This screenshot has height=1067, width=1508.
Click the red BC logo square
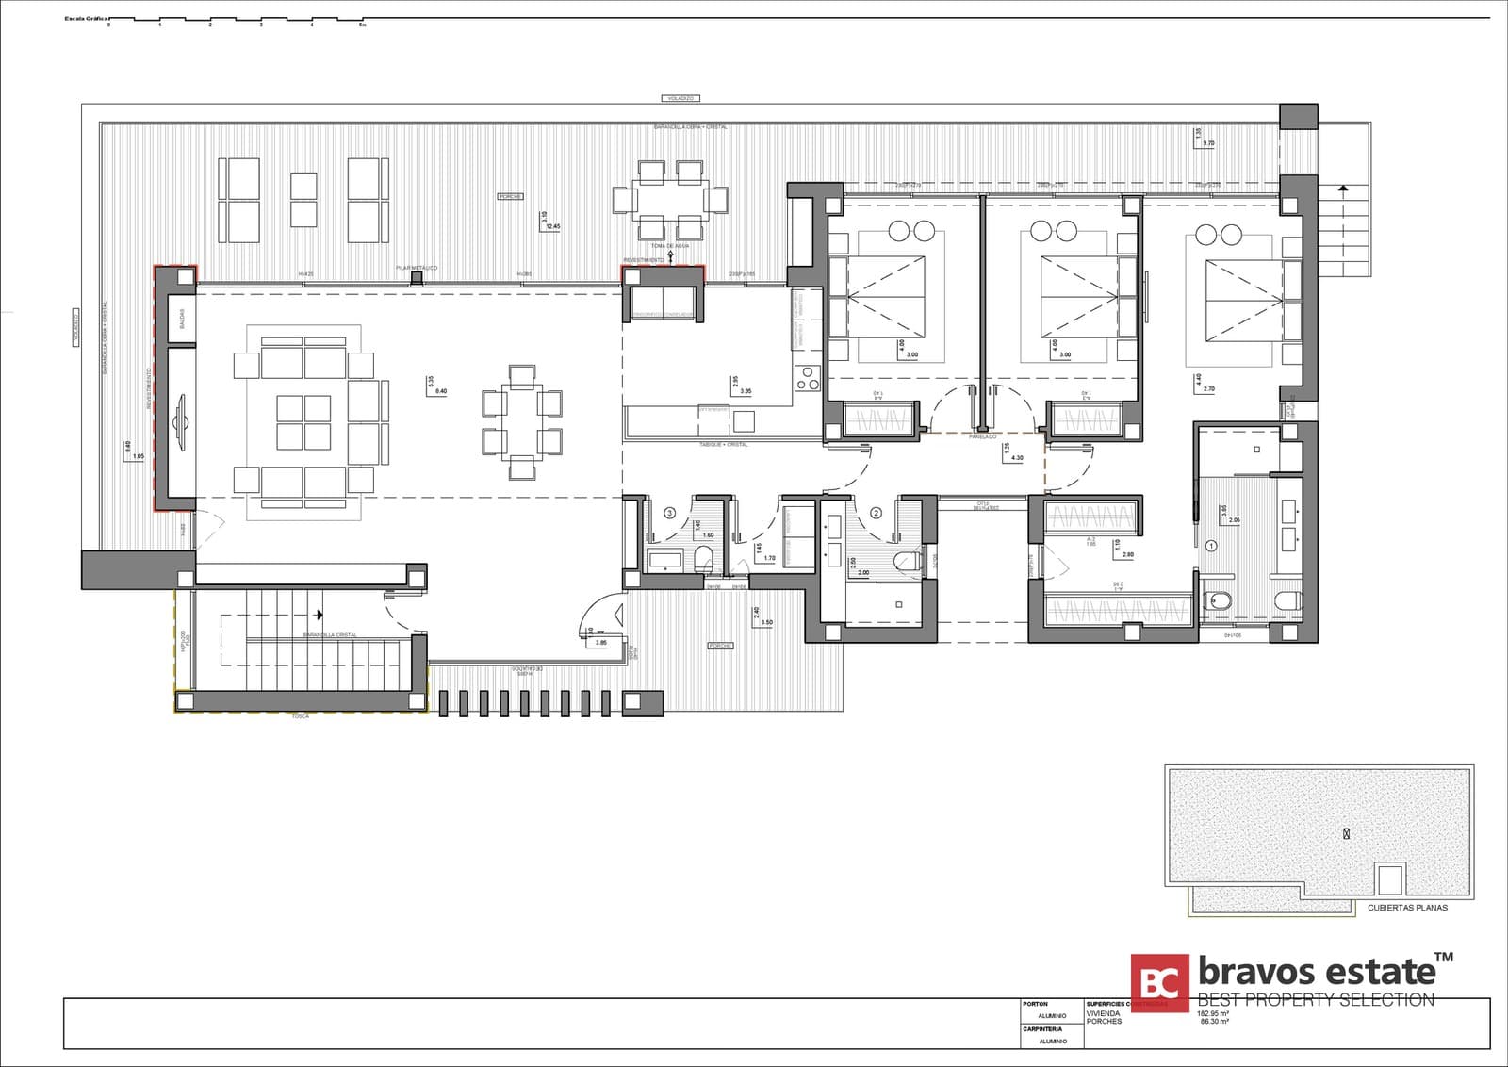(1160, 983)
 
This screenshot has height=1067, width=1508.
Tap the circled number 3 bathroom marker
(670, 513)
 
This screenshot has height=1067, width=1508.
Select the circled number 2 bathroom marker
(876, 513)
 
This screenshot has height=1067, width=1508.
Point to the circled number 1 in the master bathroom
(1212, 545)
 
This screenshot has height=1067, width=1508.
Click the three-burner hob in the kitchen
(808, 377)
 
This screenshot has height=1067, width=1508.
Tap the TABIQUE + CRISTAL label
(724, 444)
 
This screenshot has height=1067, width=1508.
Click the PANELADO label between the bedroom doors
(982, 436)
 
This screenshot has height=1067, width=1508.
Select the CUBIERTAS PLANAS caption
(1407, 908)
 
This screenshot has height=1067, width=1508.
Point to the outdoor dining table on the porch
(670, 200)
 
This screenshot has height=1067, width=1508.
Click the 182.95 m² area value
(1215, 1014)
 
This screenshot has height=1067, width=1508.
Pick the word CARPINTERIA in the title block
(1042, 1029)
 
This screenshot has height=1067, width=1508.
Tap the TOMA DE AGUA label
(670, 245)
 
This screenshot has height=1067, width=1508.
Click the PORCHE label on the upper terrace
(511, 196)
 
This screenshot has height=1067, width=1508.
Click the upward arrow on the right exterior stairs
(1343, 189)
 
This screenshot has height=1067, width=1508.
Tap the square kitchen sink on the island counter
(745, 419)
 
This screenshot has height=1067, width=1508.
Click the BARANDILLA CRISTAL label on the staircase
(330, 635)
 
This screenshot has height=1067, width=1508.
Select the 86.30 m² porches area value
(1215, 1022)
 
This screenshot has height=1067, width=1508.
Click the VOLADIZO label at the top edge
(680, 98)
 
